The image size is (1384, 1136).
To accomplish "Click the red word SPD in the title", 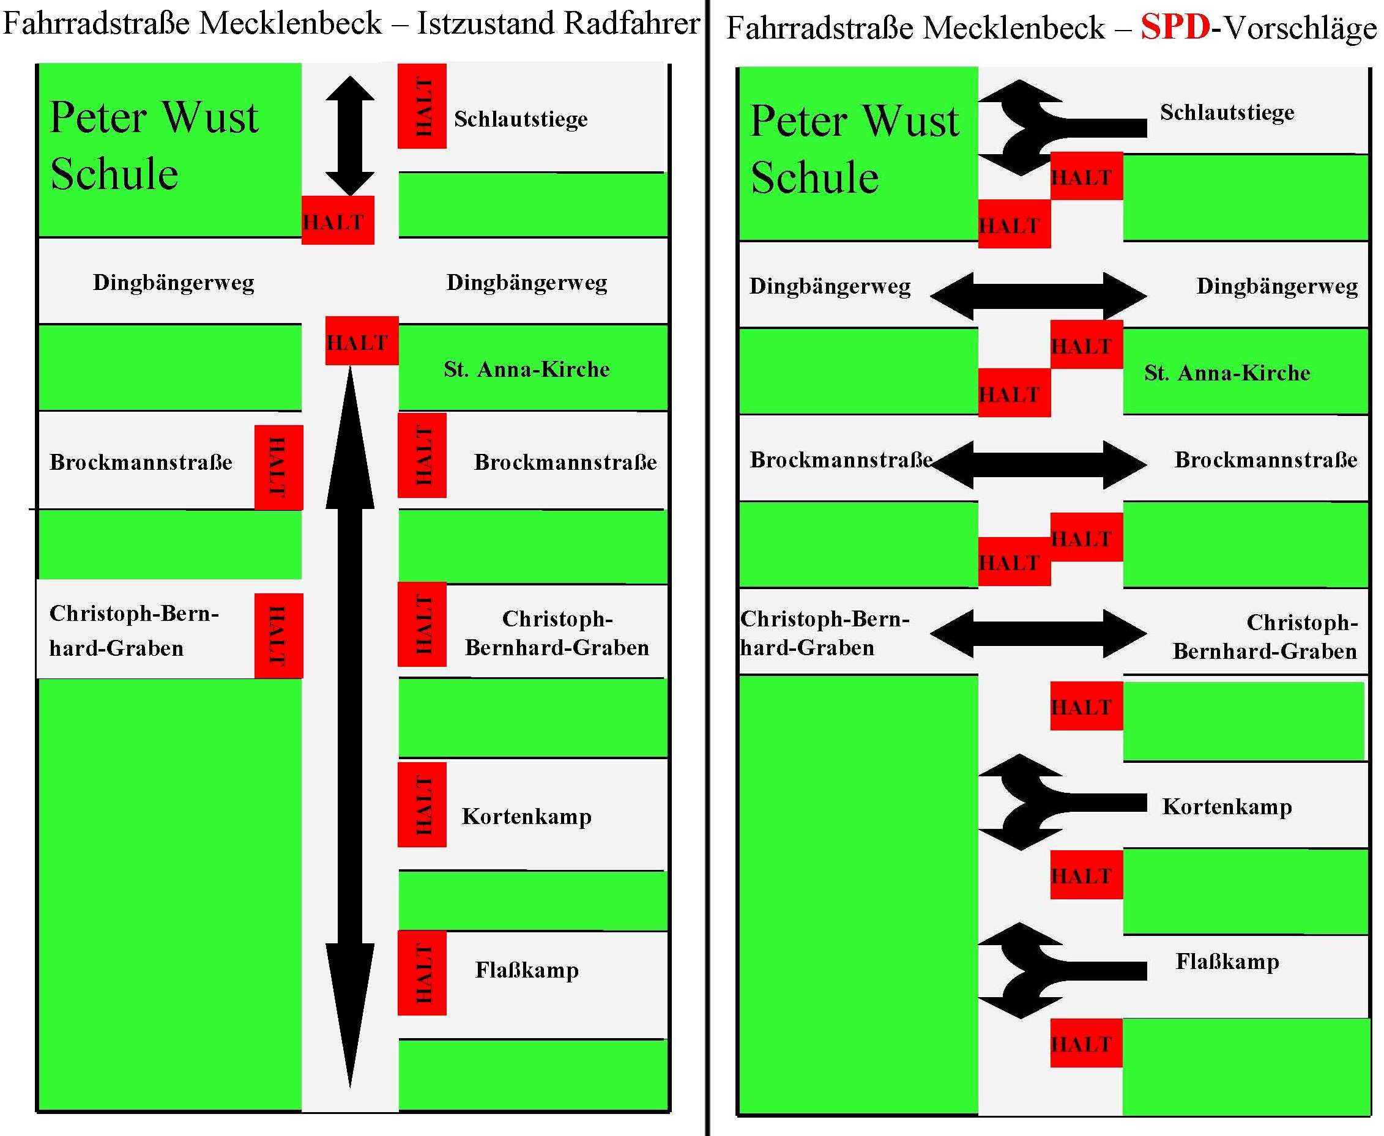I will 1175,28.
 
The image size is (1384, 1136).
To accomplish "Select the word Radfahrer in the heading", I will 631,24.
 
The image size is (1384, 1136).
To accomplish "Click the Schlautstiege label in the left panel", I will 520,119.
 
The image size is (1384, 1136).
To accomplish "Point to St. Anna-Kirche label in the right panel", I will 1227,373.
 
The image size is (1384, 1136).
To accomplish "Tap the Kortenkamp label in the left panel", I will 527,816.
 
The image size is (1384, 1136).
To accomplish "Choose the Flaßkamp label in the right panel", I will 1227,961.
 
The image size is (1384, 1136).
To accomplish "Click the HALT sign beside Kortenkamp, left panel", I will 422,804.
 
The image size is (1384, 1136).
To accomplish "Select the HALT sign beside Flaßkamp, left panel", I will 422,973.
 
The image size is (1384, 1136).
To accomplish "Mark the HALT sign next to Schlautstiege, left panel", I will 422,106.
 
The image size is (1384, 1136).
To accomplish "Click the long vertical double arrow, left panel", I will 350,720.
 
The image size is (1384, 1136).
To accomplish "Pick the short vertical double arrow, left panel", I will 350,135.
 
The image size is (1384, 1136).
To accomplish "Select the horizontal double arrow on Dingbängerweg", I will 1038,296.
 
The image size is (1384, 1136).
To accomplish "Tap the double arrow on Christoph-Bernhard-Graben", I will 1038,633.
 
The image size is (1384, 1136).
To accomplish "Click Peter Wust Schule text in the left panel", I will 154,145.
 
